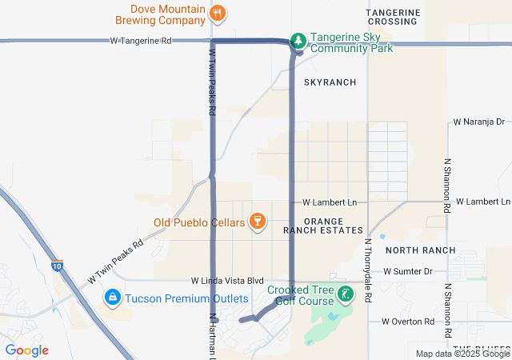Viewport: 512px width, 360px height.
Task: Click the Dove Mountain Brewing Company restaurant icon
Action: click(x=218, y=12)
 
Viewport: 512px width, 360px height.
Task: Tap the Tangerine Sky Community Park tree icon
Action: click(x=298, y=40)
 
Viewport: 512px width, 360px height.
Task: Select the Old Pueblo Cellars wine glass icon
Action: click(x=257, y=221)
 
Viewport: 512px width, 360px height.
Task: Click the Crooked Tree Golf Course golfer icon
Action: click(x=345, y=294)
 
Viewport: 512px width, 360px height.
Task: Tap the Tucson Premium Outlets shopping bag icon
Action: click(x=113, y=298)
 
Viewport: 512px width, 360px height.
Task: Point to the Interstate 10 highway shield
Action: click(x=56, y=266)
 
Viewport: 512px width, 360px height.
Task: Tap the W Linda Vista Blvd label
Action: click(x=227, y=281)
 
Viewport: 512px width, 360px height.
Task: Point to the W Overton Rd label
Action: click(x=408, y=322)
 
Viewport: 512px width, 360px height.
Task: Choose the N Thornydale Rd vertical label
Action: click(x=368, y=270)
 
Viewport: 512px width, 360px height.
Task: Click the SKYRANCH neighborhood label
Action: click(x=330, y=82)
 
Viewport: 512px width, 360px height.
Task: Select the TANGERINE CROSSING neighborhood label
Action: click(x=393, y=17)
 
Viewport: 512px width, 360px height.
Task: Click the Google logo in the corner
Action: click(x=26, y=350)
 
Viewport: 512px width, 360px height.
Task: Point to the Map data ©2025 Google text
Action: click(x=462, y=354)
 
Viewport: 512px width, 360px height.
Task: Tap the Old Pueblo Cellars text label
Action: click(x=199, y=222)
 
